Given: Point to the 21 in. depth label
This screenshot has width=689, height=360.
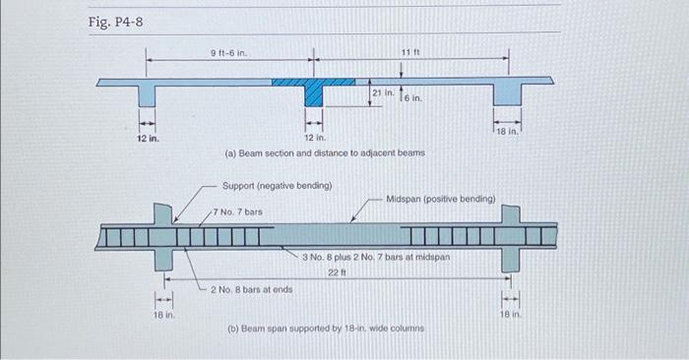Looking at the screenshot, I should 384,92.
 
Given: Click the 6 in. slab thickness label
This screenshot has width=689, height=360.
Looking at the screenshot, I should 412,98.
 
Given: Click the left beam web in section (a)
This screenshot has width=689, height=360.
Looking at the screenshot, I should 147,94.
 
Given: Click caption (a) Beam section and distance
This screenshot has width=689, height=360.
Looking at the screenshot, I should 325,153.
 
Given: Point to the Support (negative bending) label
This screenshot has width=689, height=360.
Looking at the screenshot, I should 277,185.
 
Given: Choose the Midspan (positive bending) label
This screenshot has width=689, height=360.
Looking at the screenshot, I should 441,198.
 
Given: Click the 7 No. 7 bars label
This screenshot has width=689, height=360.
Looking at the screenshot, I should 239,211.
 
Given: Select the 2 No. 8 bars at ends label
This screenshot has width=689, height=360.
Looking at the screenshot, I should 251,289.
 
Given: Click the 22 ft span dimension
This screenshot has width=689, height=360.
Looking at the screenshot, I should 334,271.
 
